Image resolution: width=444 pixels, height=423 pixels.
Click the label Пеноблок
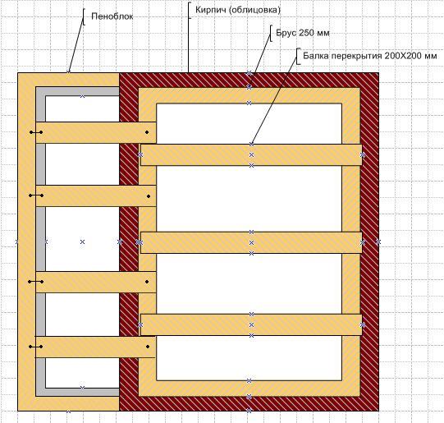[112, 16]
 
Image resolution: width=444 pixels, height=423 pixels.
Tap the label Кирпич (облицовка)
[238, 10]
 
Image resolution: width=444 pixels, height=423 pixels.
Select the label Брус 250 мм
[303, 33]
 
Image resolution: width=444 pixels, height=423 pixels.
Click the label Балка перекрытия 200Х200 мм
[370, 56]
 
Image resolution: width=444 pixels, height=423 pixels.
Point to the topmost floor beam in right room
[251, 155]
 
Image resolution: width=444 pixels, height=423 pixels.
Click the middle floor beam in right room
[251, 243]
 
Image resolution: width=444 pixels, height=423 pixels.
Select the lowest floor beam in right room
[251, 325]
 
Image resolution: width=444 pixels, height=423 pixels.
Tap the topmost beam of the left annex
[96, 132]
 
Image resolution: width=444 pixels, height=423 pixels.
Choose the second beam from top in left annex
[96, 195]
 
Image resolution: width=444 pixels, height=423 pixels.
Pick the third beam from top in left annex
[96, 282]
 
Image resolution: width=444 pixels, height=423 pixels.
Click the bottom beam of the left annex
[95, 347]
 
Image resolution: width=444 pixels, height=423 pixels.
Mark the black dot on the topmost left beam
[147, 132]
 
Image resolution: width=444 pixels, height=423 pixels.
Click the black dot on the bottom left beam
[148, 347]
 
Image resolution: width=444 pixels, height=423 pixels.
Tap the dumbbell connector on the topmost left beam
[36, 132]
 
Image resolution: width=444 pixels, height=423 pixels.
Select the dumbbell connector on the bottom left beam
[35, 347]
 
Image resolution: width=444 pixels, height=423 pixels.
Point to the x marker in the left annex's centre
[82, 242]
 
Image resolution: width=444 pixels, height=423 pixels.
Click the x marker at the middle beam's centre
[251, 243]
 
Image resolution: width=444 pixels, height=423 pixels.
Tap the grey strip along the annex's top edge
[78, 91]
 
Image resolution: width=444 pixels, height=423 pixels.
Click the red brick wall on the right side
[370, 241]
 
